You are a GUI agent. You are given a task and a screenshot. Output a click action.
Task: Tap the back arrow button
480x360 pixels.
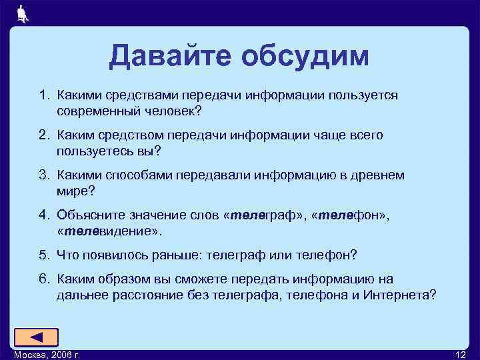click(37, 337)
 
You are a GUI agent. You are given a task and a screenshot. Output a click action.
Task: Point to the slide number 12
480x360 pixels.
click(460, 354)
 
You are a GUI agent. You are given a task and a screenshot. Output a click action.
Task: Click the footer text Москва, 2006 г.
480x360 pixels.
click(47, 354)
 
